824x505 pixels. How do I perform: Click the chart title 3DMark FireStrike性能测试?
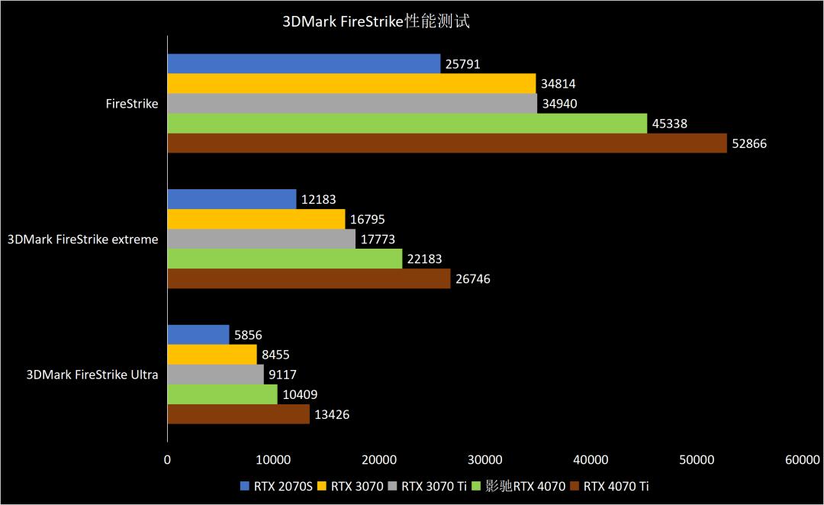pos(376,21)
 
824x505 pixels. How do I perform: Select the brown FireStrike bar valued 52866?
pos(446,143)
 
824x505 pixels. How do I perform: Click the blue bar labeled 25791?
pos(304,64)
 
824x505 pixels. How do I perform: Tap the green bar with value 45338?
pos(407,124)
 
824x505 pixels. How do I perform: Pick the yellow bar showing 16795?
pos(256,220)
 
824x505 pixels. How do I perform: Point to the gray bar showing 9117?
pos(215,375)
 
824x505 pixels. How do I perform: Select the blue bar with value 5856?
pos(198,335)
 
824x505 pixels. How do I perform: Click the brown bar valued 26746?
pos(308,279)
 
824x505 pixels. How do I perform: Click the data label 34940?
pos(562,104)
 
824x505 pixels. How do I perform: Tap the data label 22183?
pos(424,259)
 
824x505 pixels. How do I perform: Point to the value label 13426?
pos(332,415)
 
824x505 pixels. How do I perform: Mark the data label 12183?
pos(319,200)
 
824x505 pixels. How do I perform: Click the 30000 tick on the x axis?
pos(484,459)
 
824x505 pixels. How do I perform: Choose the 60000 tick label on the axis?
pos(802,459)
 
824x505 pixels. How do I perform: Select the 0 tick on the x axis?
pos(167,459)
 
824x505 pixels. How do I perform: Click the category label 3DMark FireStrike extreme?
pos(83,240)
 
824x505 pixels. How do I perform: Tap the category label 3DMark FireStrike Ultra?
pos(92,375)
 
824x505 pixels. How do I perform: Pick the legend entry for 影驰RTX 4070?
pos(519,486)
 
